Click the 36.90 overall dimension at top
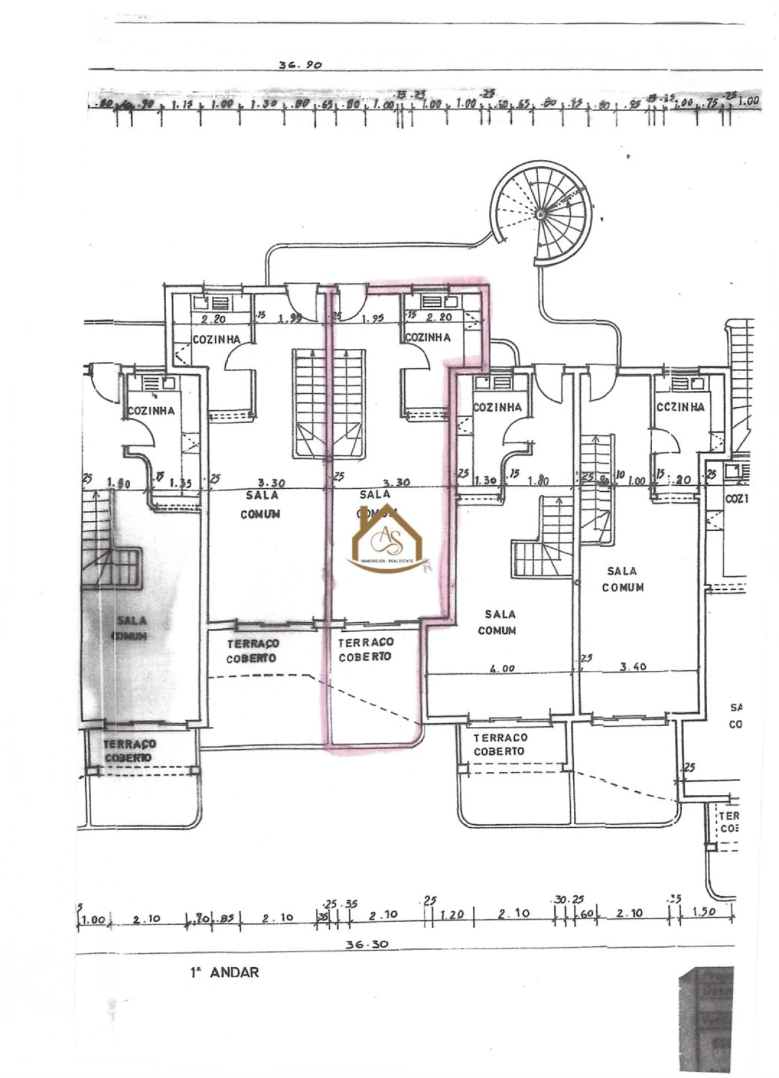tap(299, 64)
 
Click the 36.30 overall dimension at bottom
tap(366, 944)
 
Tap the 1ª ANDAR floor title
tap(224, 972)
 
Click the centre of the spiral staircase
tap(539, 213)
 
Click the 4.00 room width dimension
tap(502, 668)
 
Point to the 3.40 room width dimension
tap(633, 667)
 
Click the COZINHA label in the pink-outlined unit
tap(428, 337)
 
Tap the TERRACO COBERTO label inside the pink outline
tap(365, 649)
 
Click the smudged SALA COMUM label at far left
tap(131, 628)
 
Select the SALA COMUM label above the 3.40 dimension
tap(622, 579)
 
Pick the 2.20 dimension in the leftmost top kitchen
tap(213, 318)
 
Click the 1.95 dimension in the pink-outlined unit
tap(372, 318)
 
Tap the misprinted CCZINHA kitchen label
tap(680, 407)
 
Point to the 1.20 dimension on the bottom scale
tap(452, 914)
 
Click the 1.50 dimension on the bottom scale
tap(704, 912)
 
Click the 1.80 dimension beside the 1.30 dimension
tap(538, 480)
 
